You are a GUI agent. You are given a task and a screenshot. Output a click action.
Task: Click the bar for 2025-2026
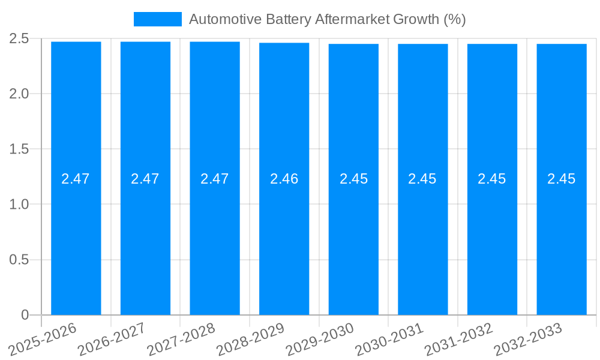point(76,240)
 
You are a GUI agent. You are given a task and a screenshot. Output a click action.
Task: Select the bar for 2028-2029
point(284,240)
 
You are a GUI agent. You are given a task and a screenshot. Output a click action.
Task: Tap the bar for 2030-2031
point(422,240)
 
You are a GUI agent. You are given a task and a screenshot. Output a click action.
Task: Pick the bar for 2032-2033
point(561,240)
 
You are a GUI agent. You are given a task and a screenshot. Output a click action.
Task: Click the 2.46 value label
point(284,179)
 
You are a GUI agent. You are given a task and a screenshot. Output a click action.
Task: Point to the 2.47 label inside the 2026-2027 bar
point(145,179)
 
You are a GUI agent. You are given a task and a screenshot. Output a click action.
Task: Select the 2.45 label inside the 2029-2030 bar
point(353,179)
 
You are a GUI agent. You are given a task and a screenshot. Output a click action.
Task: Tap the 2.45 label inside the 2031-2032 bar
point(492,179)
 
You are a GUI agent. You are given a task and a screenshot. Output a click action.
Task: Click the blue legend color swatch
point(157,19)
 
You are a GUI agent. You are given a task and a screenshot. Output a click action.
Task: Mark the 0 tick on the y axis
point(25,315)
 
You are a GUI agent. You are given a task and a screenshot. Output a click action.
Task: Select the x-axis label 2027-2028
point(182,338)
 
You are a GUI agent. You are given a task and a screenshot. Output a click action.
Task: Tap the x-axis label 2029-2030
point(320,338)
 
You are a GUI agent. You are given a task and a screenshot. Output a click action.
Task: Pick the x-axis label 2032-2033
point(528,338)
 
